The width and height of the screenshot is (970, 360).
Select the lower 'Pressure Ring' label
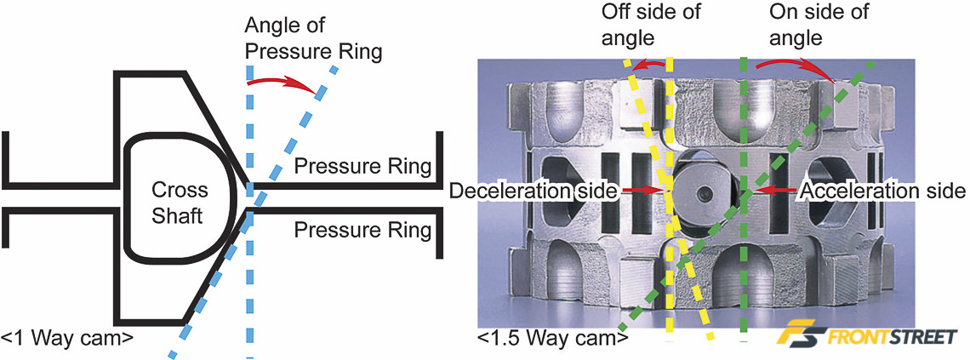tap(362, 229)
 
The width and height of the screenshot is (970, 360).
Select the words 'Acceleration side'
tap(883, 190)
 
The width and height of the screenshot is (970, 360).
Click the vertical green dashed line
tap(744, 255)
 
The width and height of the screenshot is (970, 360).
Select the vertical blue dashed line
tap(248, 281)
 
